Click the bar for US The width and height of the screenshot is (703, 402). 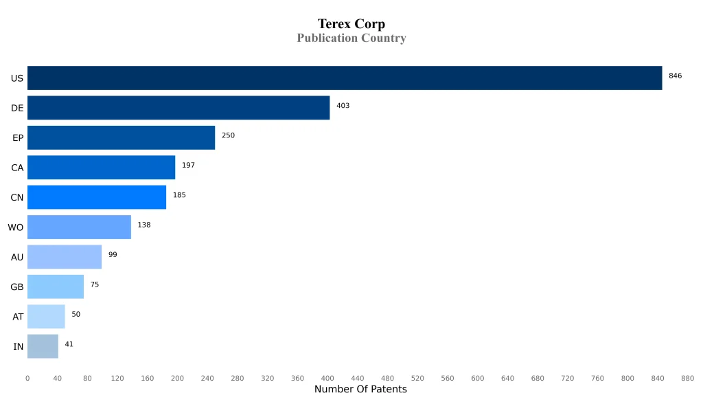pyautogui.click(x=345, y=78)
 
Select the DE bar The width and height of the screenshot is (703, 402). pyautogui.click(x=178, y=108)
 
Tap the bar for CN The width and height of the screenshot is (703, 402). pyautogui.click(x=97, y=197)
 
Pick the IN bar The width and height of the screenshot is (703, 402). pyautogui.click(x=43, y=346)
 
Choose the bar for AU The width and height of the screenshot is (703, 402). pyautogui.click(x=65, y=257)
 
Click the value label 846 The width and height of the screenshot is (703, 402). pyautogui.click(x=675, y=76)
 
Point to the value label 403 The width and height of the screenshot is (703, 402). pyautogui.click(x=343, y=106)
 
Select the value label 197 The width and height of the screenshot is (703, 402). pyautogui.click(x=188, y=166)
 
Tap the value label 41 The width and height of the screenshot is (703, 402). pyautogui.click(x=69, y=344)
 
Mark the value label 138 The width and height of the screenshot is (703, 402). pyautogui.click(x=143, y=225)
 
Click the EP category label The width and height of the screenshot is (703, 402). pyautogui.click(x=18, y=138)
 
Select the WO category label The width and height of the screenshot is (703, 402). pyautogui.click(x=15, y=227)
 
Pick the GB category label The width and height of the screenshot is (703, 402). pyautogui.click(x=17, y=287)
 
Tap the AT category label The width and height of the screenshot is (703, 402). pyautogui.click(x=18, y=317)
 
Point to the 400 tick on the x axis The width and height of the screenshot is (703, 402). pyautogui.click(x=327, y=378)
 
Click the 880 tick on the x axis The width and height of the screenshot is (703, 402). pyautogui.click(x=687, y=378)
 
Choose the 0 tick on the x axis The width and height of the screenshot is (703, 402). pyautogui.click(x=27, y=378)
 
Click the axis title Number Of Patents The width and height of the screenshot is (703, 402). pyautogui.click(x=360, y=390)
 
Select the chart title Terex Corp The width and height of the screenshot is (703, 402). pyautogui.click(x=351, y=24)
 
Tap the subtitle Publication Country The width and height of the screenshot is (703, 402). pyautogui.click(x=351, y=38)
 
